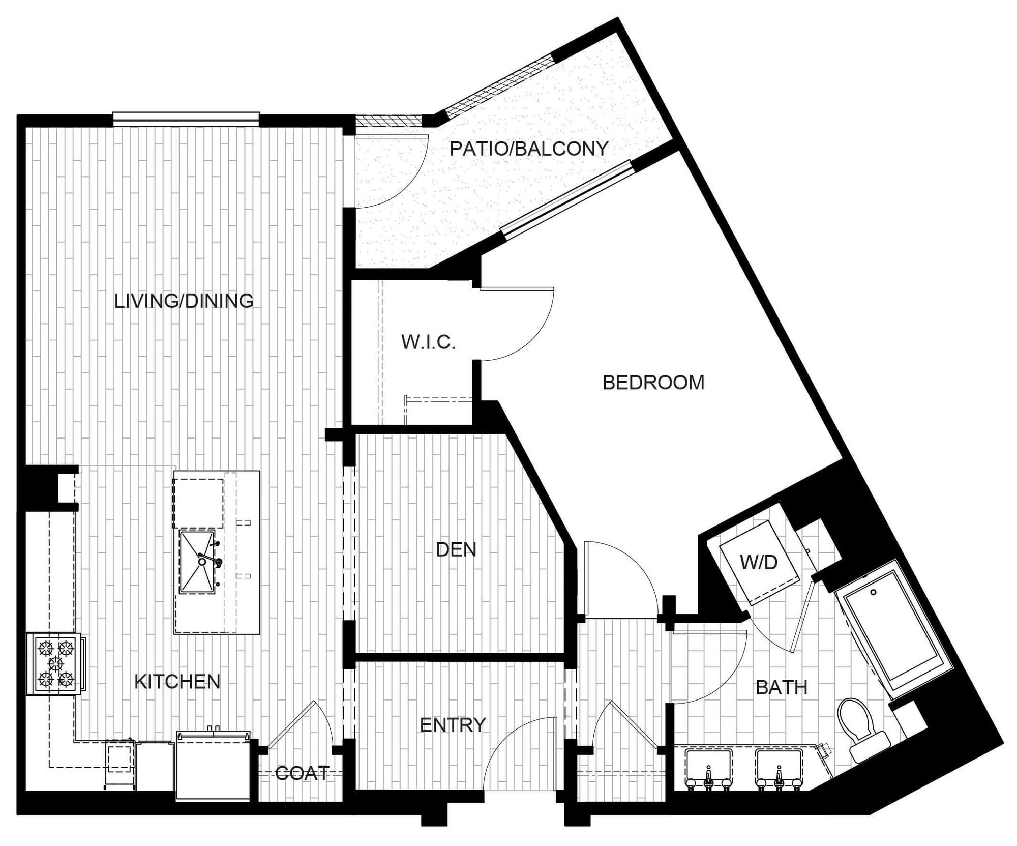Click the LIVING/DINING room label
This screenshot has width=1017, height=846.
(x=184, y=301)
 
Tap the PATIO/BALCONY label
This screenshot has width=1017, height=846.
(x=529, y=149)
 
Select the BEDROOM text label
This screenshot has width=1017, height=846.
(x=653, y=383)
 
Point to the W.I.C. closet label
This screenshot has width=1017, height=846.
(x=428, y=342)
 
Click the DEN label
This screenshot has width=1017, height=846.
(x=456, y=549)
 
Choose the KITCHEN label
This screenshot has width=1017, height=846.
(x=177, y=682)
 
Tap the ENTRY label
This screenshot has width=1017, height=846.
(x=453, y=725)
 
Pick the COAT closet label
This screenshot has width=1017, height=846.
(x=302, y=773)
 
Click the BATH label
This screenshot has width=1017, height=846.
(x=782, y=688)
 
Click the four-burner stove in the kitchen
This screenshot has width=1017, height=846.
(x=55, y=663)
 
